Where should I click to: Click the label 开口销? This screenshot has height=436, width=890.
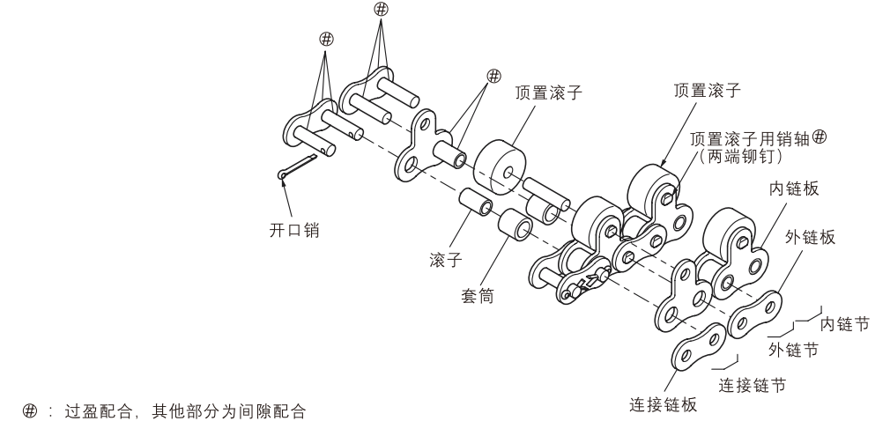click(293, 231)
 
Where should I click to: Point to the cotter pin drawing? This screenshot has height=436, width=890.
click(297, 167)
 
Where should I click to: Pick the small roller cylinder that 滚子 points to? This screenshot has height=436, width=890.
click(476, 204)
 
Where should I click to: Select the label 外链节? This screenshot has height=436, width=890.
click(792, 350)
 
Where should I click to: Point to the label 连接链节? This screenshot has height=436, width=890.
click(753, 384)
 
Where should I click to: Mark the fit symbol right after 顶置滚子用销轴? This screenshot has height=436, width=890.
click(819, 137)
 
